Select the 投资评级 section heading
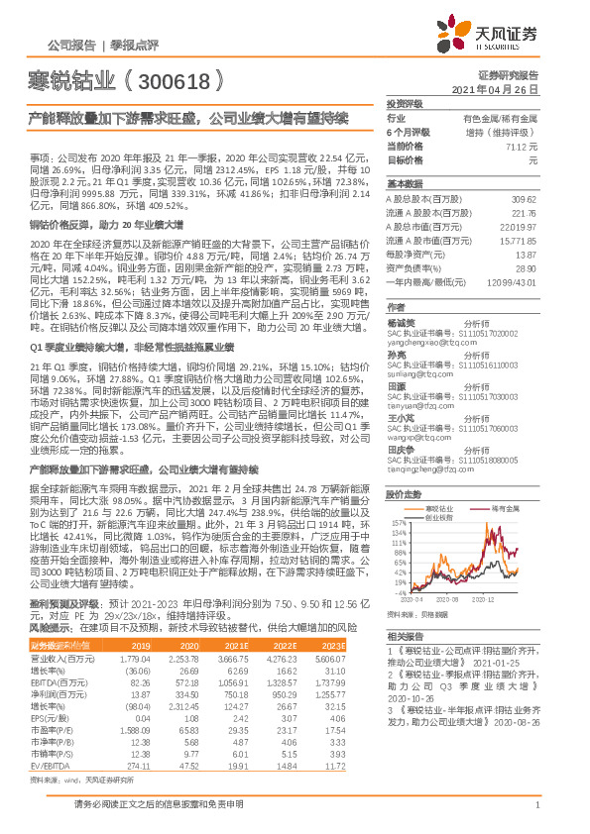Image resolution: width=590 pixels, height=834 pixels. point(405,103)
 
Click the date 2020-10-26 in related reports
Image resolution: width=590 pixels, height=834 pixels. point(407,695)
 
